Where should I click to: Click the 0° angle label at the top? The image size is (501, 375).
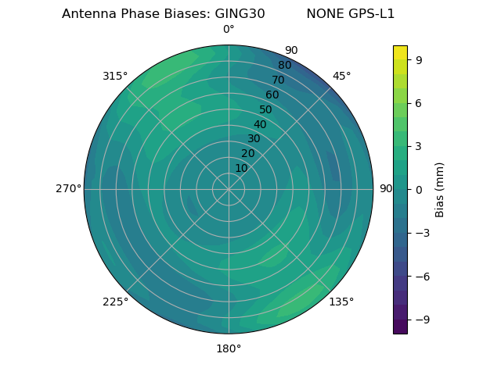click(x=229, y=30)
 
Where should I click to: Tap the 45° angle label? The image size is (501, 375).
click(x=341, y=76)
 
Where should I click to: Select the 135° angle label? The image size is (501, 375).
click(x=341, y=302)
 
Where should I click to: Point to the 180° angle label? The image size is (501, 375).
click(x=229, y=348)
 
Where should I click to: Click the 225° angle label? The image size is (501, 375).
click(x=115, y=302)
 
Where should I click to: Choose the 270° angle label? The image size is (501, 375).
click(x=69, y=189)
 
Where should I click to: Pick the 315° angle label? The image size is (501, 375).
click(x=115, y=76)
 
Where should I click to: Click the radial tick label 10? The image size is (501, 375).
click(x=241, y=168)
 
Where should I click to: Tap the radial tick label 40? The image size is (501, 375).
click(x=260, y=124)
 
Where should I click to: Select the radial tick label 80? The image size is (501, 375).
click(x=284, y=66)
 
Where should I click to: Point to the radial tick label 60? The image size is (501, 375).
click(x=272, y=95)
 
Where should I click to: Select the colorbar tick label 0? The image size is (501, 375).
click(x=419, y=190)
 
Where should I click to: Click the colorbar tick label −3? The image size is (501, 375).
click(x=422, y=233)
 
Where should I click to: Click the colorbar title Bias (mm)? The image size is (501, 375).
click(x=440, y=190)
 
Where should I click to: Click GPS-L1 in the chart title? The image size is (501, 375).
click(x=372, y=14)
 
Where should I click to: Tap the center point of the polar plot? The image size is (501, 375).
click(x=229, y=189)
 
